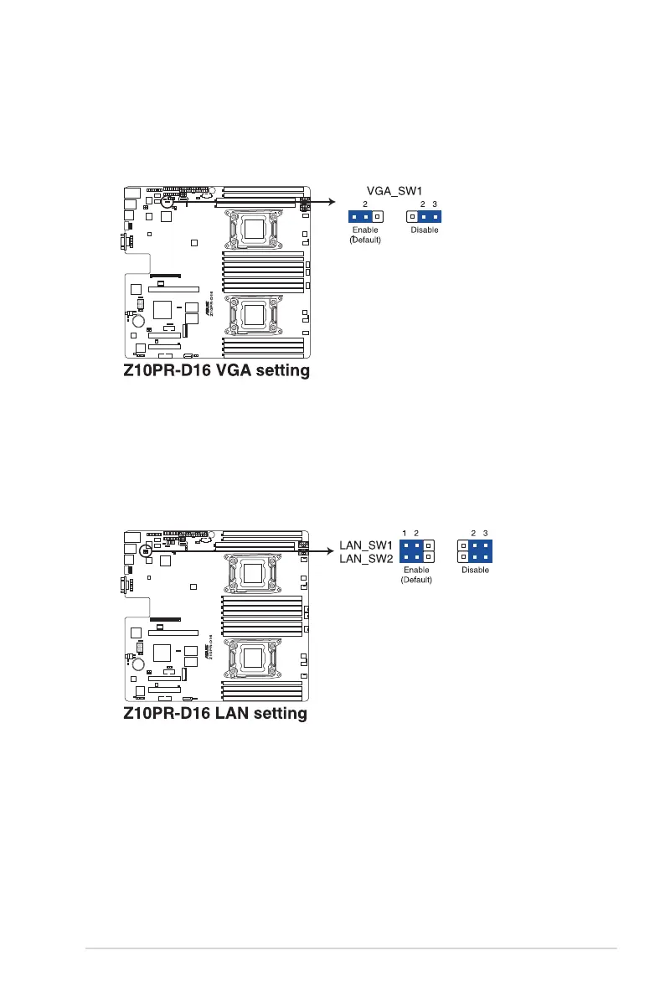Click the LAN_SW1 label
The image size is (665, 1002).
364,545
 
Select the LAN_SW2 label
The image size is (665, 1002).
364,558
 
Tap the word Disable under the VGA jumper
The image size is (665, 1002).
424,230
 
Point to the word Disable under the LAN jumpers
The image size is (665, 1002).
475,571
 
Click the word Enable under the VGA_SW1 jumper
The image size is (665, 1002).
365,230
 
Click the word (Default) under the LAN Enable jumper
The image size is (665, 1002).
416,581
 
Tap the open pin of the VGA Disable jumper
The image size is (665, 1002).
412,216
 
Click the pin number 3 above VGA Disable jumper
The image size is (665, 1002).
435,204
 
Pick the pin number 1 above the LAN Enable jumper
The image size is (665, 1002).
405,533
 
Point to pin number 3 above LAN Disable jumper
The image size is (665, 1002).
485,533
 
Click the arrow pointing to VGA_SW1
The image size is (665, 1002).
323,202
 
